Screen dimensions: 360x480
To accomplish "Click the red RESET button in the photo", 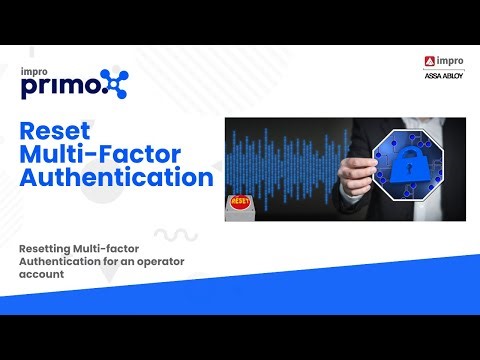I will [x=241, y=201].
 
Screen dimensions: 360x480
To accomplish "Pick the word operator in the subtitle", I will [x=175, y=259].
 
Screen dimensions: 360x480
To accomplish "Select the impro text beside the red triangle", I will [x=449, y=63].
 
